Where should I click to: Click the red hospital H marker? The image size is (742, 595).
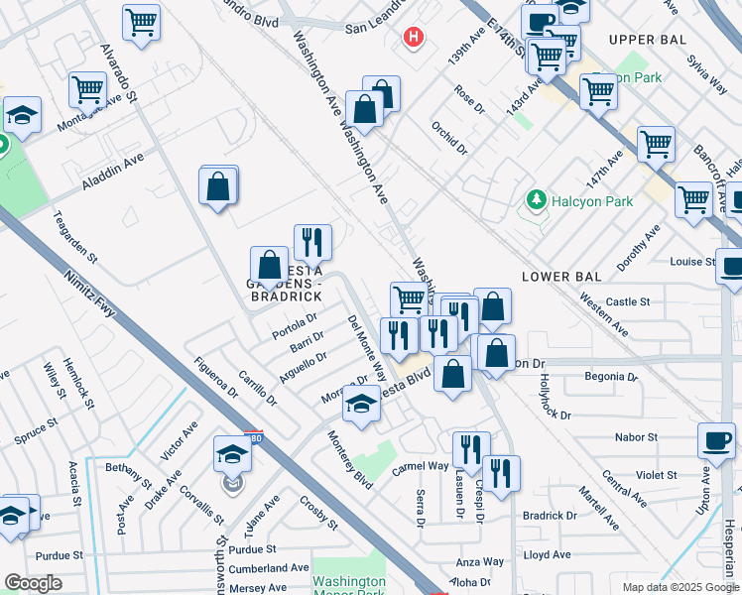pos(413,38)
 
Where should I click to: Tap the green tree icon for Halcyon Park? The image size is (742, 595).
pos(537,201)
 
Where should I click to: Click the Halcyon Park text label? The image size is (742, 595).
pos(592,201)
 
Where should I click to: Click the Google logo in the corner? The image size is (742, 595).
pos(34,583)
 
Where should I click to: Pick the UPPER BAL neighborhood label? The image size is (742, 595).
pos(647,39)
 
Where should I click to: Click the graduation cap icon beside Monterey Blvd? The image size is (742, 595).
pos(361,404)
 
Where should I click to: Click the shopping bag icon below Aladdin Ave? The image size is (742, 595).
pos(218,185)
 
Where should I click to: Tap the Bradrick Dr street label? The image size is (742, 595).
pos(550,516)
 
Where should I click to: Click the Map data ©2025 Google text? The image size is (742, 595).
pos(680,586)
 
